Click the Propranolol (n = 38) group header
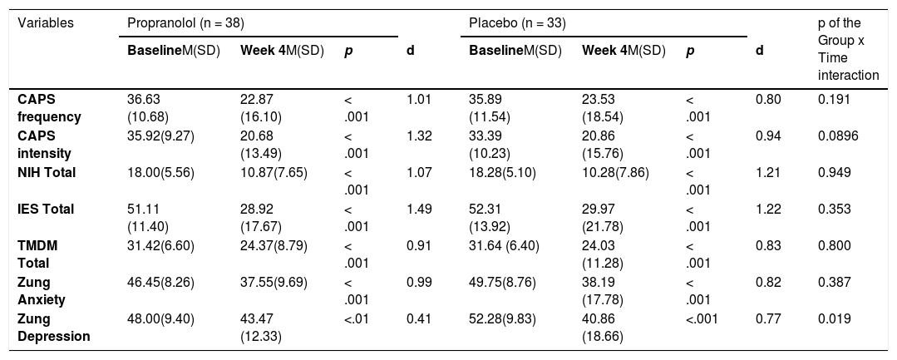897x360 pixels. coord(186,23)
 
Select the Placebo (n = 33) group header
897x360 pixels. coord(518,23)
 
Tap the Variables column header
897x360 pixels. coord(46,23)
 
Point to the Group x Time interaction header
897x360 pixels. coord(849,49)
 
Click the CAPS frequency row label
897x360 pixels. coord(49,108)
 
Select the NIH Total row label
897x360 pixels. coord(47,172)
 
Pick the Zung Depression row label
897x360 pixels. coord(54,328)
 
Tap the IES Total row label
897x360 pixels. coord(46,209)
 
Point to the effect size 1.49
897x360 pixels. coord(418,209)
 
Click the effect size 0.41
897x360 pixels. coord(418,318)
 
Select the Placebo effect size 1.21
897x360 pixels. coord(768,172)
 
